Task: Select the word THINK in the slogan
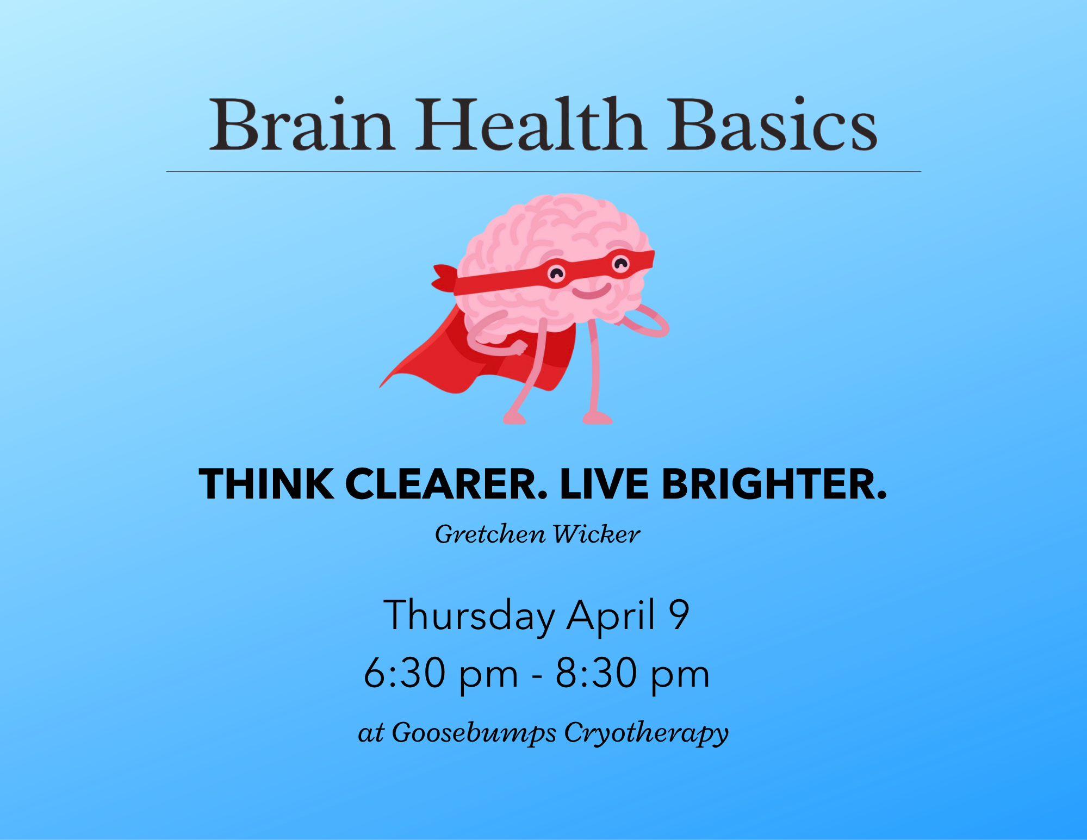tap(266, 484)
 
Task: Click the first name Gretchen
tap(490, 534)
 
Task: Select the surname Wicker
tap(596, 534)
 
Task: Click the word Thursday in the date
tap(469, 615)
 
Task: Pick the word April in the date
tap(610, 615)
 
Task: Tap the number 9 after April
tap(679, 614)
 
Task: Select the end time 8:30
tap(596, 673)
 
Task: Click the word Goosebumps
tap(474, 733)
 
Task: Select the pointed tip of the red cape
tap(382, 385)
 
